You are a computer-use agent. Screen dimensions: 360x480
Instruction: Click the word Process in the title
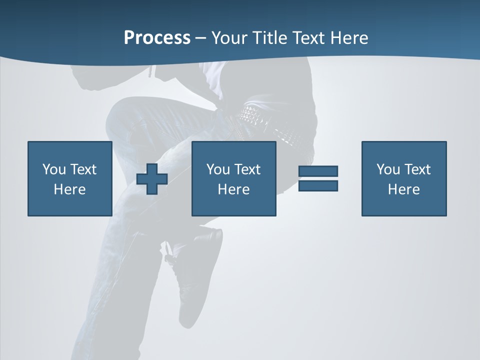[x=157, y=38]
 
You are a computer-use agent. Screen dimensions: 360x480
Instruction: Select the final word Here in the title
[x=350, y=38]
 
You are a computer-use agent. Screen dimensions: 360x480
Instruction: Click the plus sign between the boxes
[x=152, y=179]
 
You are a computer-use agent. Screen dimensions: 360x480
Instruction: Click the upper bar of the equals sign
[x=318, y=171]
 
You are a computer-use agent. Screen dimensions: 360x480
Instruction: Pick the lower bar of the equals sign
[x=318, y=185]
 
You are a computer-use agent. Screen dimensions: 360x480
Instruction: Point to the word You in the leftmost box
[x=54, y=169]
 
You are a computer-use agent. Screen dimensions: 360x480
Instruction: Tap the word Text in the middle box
[x=247, y=169]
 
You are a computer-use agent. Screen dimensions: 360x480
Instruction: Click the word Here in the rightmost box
[x=403, y=189]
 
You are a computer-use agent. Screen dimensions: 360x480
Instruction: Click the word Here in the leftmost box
[x=69, y=189]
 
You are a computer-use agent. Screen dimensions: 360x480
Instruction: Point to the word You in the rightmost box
[x=388, y=169]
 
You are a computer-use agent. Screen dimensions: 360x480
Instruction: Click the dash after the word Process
[x=200, y=38]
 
